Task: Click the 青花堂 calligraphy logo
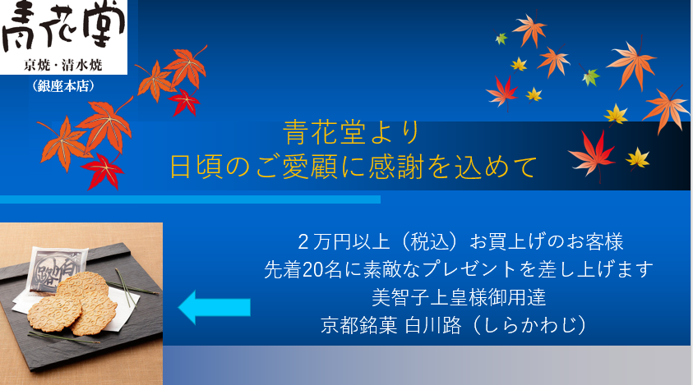coord(62,26)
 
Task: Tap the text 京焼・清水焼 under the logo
coord(63,66)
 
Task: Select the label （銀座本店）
coord(63,85)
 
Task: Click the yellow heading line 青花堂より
coord(351,133)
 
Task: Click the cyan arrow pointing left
coord(215,307)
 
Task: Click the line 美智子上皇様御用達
coord(459,297)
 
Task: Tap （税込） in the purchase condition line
coord(430,242)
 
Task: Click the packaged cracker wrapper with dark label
coord(56,268)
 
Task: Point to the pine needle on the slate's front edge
coord(64,338)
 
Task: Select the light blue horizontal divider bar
coord(190,199)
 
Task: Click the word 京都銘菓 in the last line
coord(359,325)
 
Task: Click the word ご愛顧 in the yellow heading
coord(296,167)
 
